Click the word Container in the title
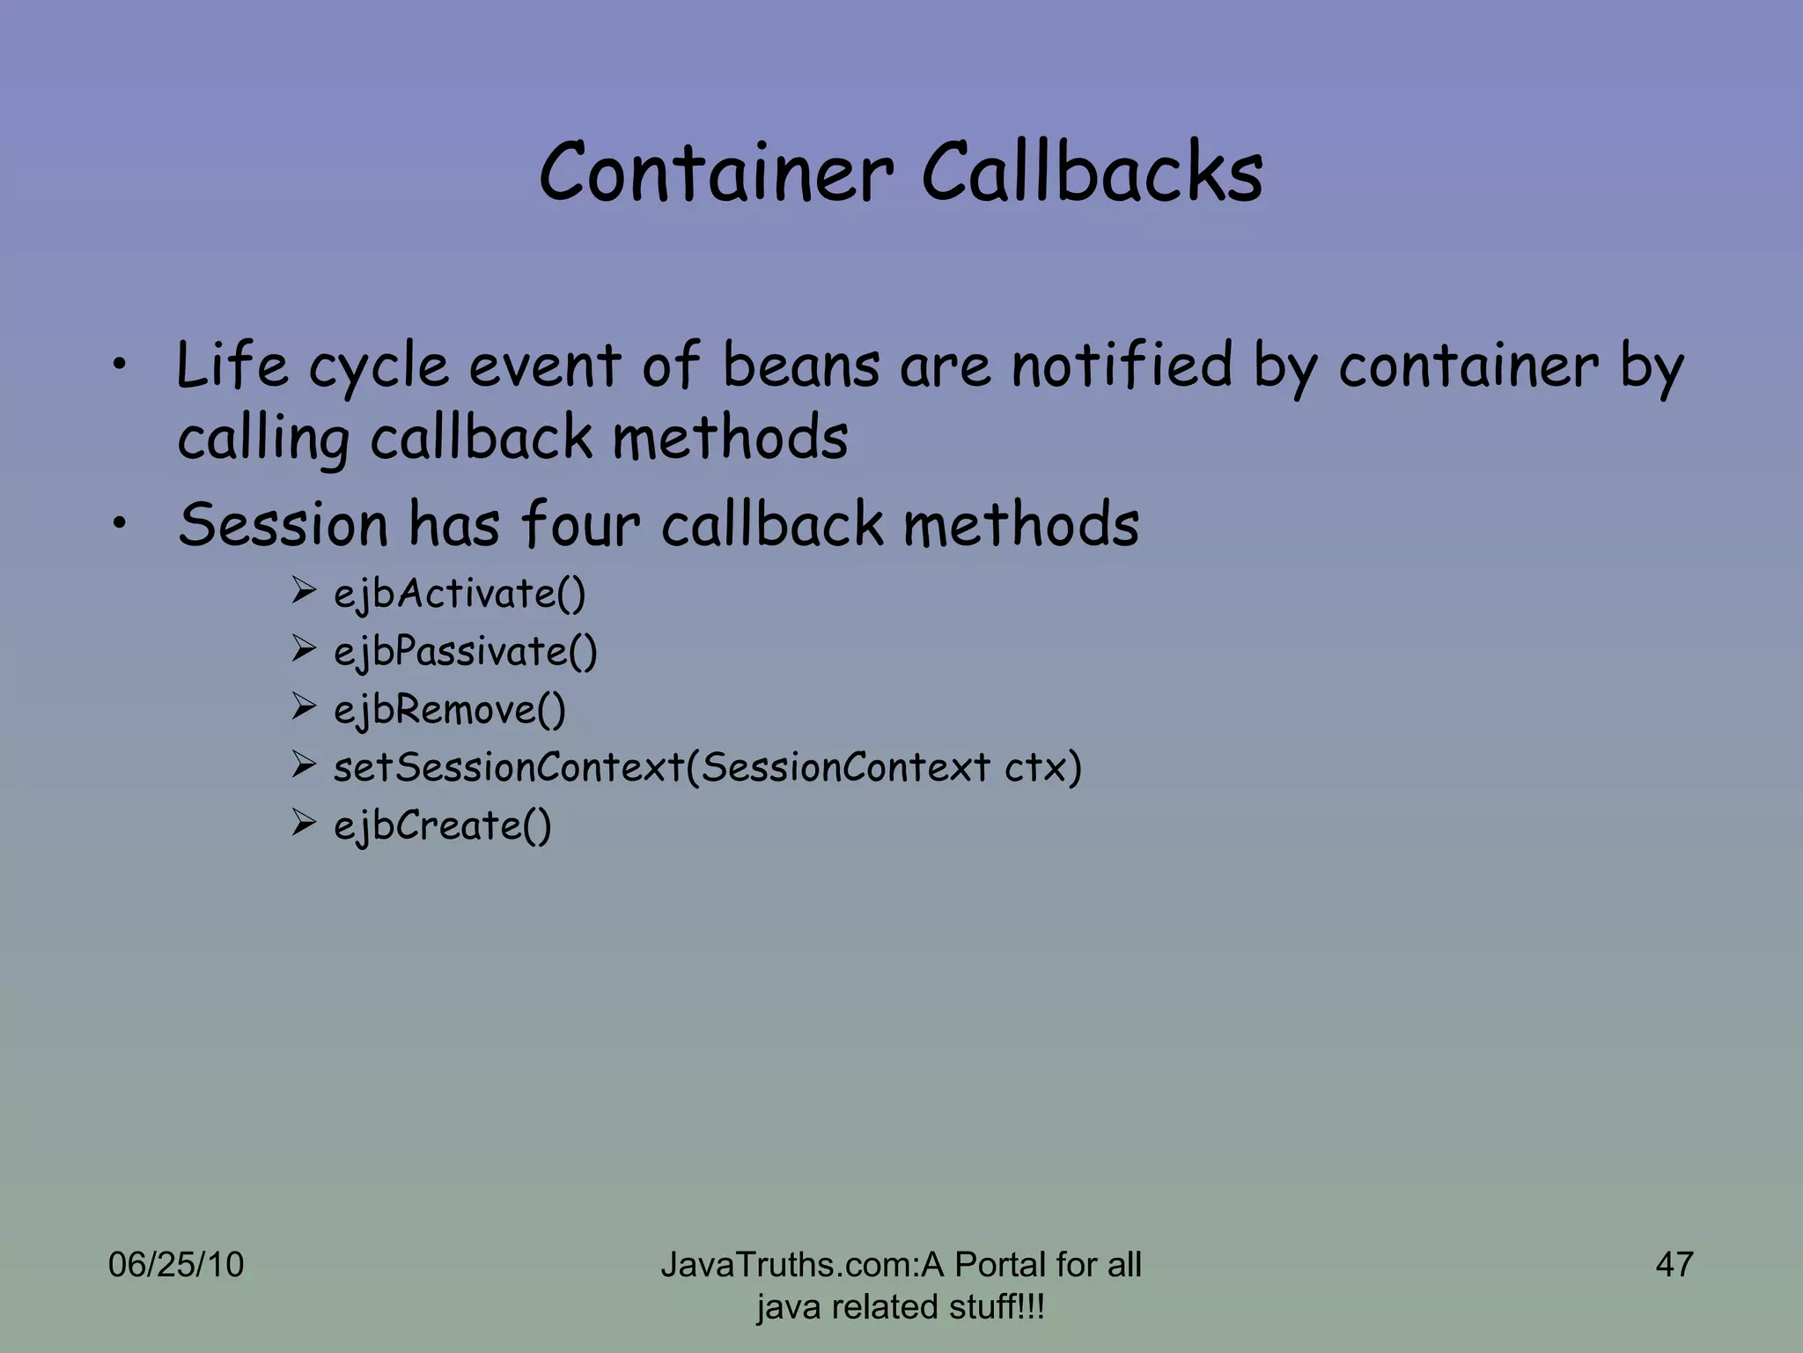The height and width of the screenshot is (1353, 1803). pos(717,172)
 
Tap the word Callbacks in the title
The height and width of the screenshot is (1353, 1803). pos(1092,172)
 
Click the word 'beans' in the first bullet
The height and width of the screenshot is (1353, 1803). pos(801,366)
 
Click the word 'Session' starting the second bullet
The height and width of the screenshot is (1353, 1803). pos(283,524)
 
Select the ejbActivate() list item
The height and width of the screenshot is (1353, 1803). pos(459,594)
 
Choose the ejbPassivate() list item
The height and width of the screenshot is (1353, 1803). pos(465,652)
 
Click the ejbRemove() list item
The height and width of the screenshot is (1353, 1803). pos(449,710)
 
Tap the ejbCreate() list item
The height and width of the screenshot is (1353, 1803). pos(442,826)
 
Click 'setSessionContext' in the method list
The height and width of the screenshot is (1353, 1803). pos(509,767)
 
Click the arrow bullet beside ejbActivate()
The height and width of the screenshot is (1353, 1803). pos(304,591)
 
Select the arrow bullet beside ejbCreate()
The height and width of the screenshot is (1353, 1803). pos(304,824)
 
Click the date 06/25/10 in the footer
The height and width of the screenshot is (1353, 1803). pos(176,1265)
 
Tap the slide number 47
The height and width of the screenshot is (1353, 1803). pos(1674,1265)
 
